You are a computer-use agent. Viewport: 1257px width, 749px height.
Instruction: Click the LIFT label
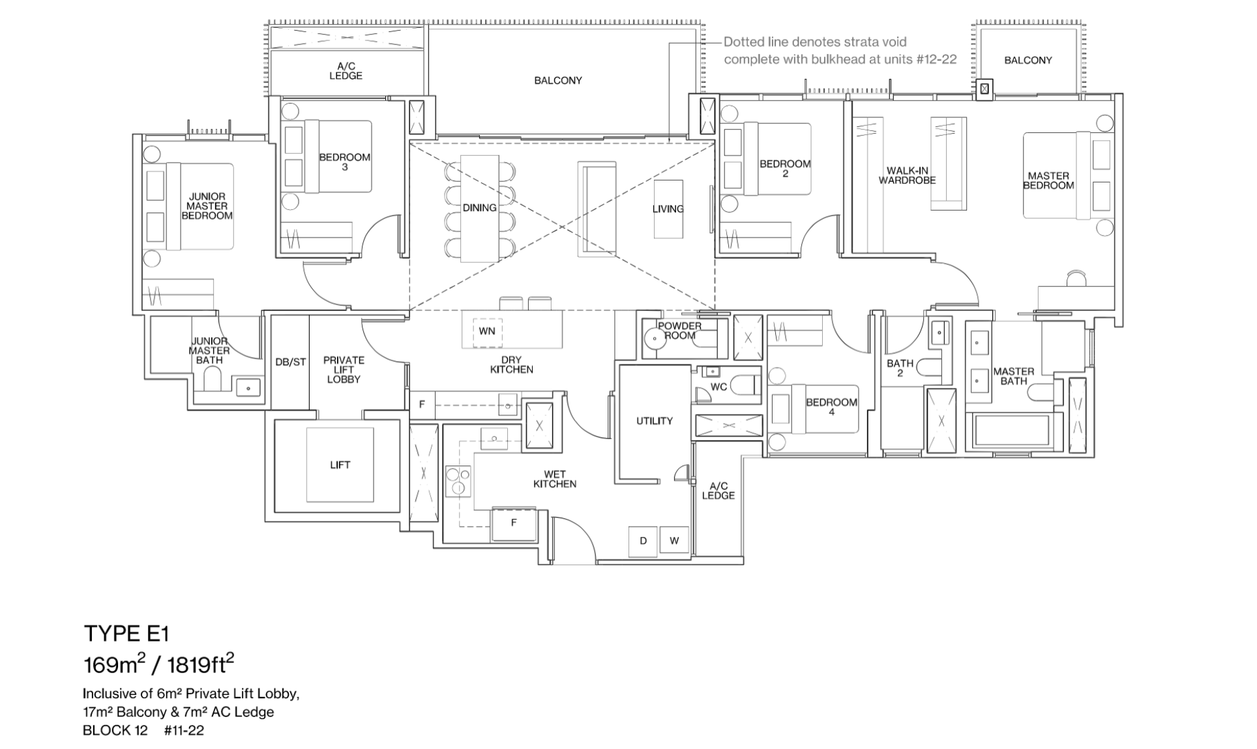[340, 465]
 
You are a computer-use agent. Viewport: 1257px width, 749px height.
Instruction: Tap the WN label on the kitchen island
[486, 331]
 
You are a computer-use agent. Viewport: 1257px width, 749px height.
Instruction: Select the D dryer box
[643, 540]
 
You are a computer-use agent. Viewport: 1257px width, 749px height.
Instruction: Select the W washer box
[674, 540]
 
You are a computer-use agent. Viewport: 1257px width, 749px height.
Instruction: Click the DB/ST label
[290, 362]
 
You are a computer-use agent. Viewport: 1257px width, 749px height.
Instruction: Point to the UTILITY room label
[654, 421]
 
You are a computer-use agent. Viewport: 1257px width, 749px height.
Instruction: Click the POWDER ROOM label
[679, 330]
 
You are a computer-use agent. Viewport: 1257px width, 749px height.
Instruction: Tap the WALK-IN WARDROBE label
[907, 176]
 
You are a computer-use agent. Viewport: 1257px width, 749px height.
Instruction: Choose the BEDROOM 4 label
[831, 407]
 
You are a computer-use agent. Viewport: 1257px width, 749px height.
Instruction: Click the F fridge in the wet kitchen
[514, 523]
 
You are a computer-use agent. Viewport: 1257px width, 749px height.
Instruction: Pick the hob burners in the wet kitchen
[458, 481]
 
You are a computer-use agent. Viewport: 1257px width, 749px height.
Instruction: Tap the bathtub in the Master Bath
[1011, 430]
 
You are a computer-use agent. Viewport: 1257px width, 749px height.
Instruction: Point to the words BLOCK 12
[115, 730]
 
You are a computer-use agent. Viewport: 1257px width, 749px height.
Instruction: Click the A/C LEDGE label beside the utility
[718, 491]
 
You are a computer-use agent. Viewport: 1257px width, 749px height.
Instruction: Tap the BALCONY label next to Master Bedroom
[1028, 60]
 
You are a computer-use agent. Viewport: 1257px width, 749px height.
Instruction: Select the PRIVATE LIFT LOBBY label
[344, 370]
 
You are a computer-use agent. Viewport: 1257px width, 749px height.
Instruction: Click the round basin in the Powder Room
[653, 339]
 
